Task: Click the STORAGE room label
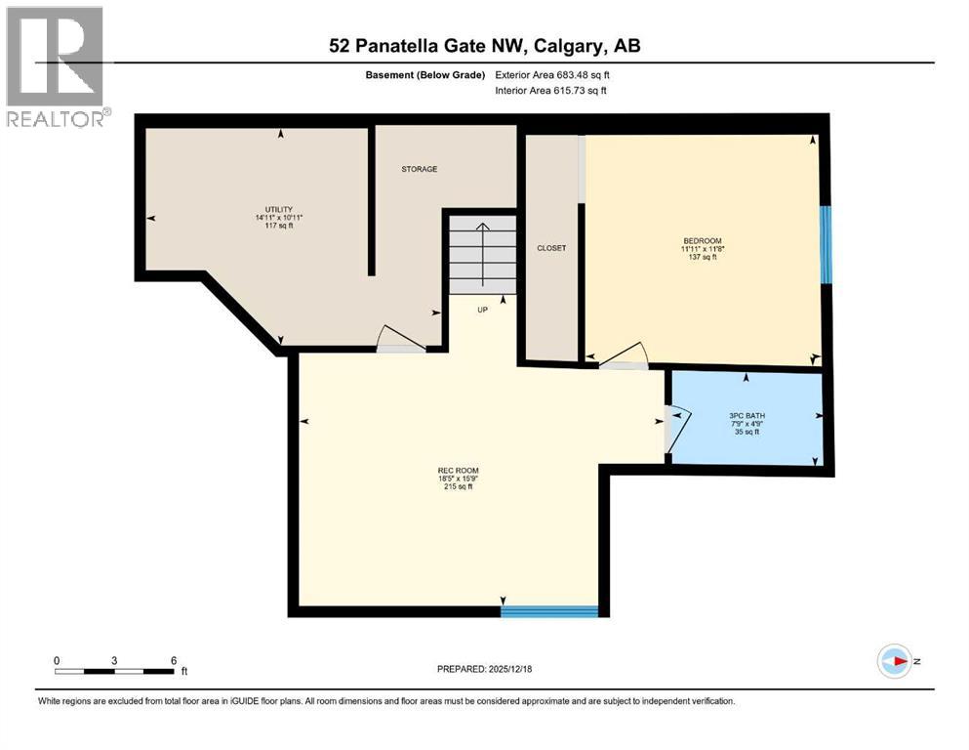point(420,169)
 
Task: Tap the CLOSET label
point(551,248)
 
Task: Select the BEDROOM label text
point(702,241)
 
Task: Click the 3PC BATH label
point(747,415)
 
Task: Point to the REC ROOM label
point(458,471)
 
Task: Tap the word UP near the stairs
point(482,310)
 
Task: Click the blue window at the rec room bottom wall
point(549,611)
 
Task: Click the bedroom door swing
point(622,355)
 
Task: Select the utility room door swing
point(400,339)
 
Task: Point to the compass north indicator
point(894,661)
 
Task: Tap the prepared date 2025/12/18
point(484,669)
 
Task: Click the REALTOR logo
point(57,67)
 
